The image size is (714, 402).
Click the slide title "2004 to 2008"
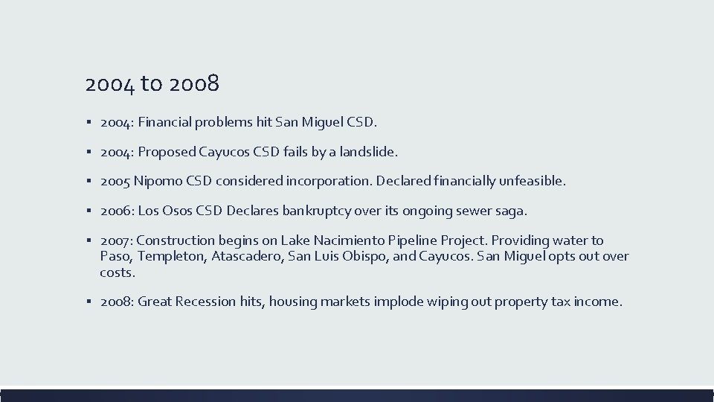point(152,84)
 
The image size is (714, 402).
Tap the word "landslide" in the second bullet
point(367,151)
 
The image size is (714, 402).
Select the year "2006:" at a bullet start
point(117,211)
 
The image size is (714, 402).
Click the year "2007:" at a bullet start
point(117,240)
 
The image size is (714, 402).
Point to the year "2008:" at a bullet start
point(117,301)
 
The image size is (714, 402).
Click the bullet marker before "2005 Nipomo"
point(89,181)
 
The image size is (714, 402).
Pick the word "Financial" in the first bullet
point(167,121)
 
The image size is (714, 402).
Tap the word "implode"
point(412,301)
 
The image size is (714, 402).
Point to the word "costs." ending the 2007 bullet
point(117,272)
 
